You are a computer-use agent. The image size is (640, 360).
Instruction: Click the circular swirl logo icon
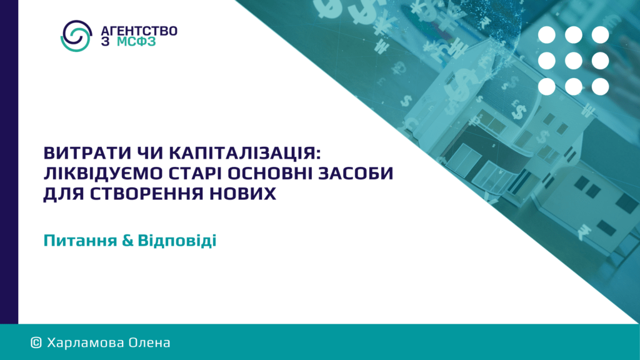pyautogui.click(x=76, y=36)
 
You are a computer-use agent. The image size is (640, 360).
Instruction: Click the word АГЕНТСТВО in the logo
pyautogui.click(x=139, y=31)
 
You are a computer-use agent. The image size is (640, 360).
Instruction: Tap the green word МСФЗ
pyautogui.click(x=136, y=42)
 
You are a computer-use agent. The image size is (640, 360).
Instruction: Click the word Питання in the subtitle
pyautogui.click(x=80, y=241)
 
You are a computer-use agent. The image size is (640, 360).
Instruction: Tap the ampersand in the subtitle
pyautogui.click(x=127, y=241)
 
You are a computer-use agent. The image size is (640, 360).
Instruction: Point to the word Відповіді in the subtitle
pyautogui.click(x=177, y=241)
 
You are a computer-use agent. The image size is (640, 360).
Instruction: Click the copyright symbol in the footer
pyautogui.click(x=36, y=343)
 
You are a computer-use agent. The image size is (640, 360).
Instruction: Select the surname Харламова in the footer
pyautogui.click(x=85, y=343)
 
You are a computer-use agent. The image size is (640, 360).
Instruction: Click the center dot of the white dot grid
pyautogui.click(x=574, y=61)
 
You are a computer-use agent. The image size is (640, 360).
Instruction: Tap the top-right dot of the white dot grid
pyautogui.click(x=600, y=35)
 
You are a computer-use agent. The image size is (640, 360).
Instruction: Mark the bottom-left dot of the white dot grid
pyautogui.click(x=546, y=86)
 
